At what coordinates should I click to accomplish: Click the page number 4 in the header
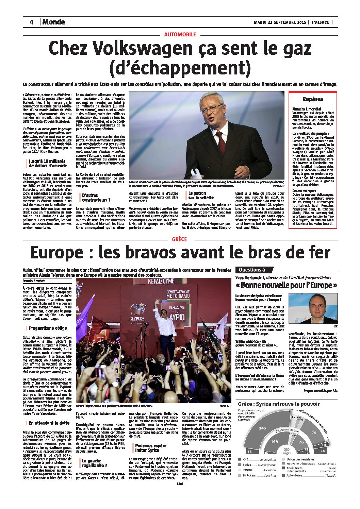[x=31, y=22]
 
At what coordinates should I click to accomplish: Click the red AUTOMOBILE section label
[x=180, y=34]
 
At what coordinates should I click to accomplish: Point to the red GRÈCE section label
[x=179, y=239]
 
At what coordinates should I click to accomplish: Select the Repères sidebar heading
[x=312, y=99]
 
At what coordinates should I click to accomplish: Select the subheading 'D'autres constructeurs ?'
[x=96, y=198]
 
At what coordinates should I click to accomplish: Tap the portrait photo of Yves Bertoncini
[x=313, y=308]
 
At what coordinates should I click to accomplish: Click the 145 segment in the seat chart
[x=262, y=428]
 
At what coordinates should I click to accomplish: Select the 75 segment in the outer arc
[x=313, y=432]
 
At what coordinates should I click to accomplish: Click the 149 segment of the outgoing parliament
[x=274, y=441]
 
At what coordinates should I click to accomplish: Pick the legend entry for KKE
[x=246, y=459]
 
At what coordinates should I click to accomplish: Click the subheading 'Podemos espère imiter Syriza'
[x=150, y=447]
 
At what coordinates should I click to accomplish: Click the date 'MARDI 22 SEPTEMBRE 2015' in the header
[x=280, y=22]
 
